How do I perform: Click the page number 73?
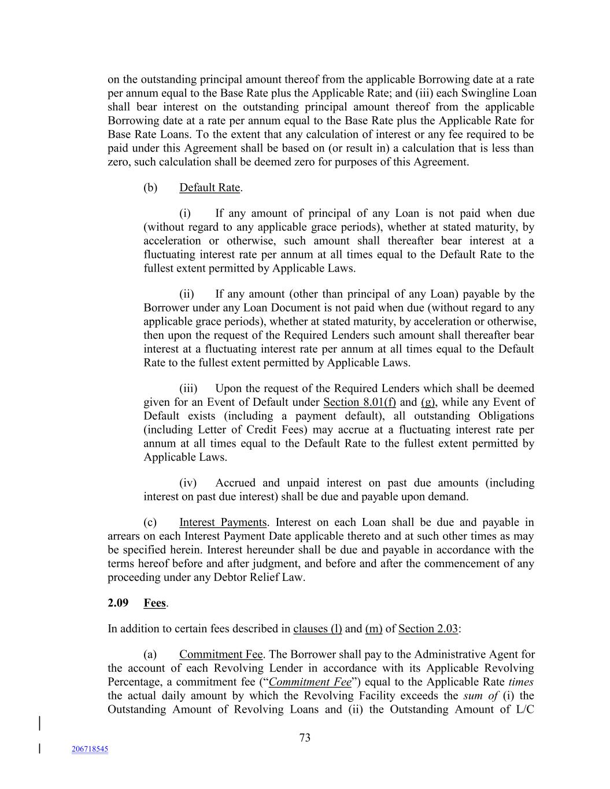pyautogui.click(x=305, y=738)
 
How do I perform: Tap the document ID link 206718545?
pyautogui.click(x=90, y=749)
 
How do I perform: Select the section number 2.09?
pyautogui.click(x=118, y=603)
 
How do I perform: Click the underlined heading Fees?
pyautogui.click(x=155, y=603)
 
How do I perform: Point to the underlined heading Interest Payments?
pyautogui.click(x=223, y=523)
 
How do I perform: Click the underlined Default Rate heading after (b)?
pyautogui.click(x=210, y=188)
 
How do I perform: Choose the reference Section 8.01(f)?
pyautogui.click(x=360, y=402)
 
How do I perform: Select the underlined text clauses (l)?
pyautogui.click(x=317, y=629)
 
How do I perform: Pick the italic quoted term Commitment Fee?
pyautogui.click(x=310, y=682)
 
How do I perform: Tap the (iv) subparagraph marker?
pyautogui.click(x=188, y=483)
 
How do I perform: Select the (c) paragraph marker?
pyautogui.click(x=150, y=523)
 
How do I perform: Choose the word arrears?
pyautogui.click(x=124, y=536)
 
